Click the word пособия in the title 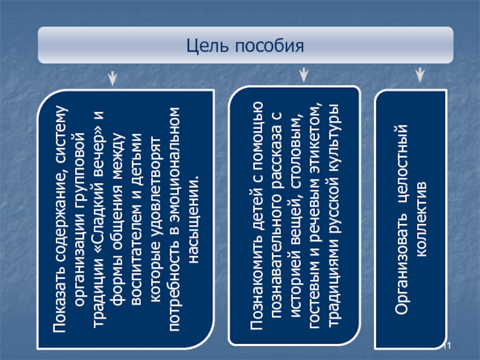coord(265,46)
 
